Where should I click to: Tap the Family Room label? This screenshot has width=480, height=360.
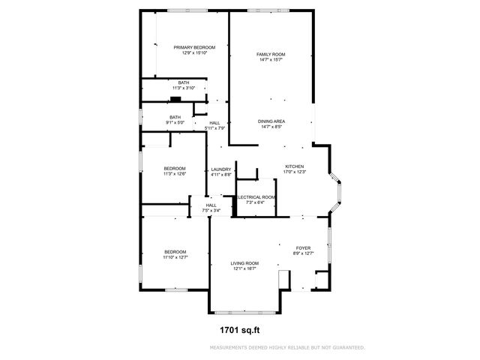(x=271, y=54)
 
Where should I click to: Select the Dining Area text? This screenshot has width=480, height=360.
(x=271, y=121)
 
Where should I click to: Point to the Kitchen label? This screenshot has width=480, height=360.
(x=294, y=166)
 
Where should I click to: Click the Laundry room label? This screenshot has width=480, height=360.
(x=220, y=169)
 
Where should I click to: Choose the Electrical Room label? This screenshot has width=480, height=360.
(x=256, y=196)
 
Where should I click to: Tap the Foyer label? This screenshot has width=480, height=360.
(x=303, y=247)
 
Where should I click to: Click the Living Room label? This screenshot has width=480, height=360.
(x=244, y=263)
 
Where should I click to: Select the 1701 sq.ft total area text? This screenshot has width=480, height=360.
(x=239, y=328)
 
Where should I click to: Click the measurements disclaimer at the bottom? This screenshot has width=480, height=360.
(x=287, y=348)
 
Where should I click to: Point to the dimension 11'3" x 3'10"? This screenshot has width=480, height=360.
(x=184, y=88)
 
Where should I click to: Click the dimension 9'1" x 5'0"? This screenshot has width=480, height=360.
(x=175, y=123)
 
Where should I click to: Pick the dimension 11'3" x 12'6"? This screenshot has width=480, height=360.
(x=175, y=174)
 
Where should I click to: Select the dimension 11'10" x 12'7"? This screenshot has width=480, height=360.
(x=175, y=257)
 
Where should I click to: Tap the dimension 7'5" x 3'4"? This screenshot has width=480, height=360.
(x=211, y=211)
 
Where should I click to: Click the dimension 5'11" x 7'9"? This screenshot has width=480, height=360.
(x=215, y=128)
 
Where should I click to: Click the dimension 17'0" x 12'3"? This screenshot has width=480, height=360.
(x=294, y=172)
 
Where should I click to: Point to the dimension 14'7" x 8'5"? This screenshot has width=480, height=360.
(x=271, y=127)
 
